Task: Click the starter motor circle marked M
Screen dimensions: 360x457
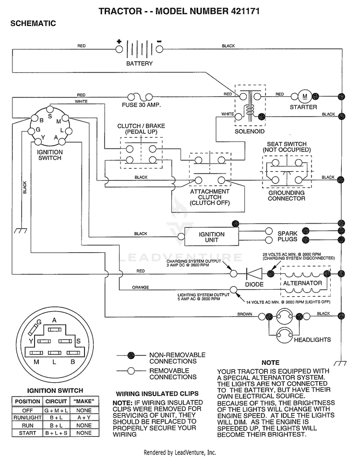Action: [x=305, y=96]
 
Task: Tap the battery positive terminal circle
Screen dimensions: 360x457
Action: [x=119, y=49]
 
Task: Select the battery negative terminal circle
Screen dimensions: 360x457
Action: [x=159, y=49]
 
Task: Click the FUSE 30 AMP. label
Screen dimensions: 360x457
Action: [x=141, y=105]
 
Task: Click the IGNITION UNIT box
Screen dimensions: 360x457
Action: [x=212, y=237]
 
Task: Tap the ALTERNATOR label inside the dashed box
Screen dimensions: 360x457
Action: [x=302, y=283]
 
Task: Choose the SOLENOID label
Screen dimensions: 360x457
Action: [x=250, y=131]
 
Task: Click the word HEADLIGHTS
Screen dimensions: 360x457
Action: [x=312, y=340]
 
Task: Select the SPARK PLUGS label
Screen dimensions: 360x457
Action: [x=288, y=236]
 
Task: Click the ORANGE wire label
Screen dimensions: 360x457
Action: [x=140, y=287]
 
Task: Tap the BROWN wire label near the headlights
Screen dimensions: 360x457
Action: [x=244, y=314]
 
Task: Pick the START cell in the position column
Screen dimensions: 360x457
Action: [x=27, y=433]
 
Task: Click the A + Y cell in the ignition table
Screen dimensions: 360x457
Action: [x=84, y=418]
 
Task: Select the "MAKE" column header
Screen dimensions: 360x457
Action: [x=84, y=401]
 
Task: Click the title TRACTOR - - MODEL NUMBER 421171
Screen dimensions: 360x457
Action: [x=179, y=11]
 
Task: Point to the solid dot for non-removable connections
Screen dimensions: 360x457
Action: [x=131, y=355]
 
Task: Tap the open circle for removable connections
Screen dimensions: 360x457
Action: [x=131, y=371]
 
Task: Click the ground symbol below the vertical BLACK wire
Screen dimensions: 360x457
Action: [x=21, y=231]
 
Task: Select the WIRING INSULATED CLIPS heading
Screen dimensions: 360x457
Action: [x=157, y=394]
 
